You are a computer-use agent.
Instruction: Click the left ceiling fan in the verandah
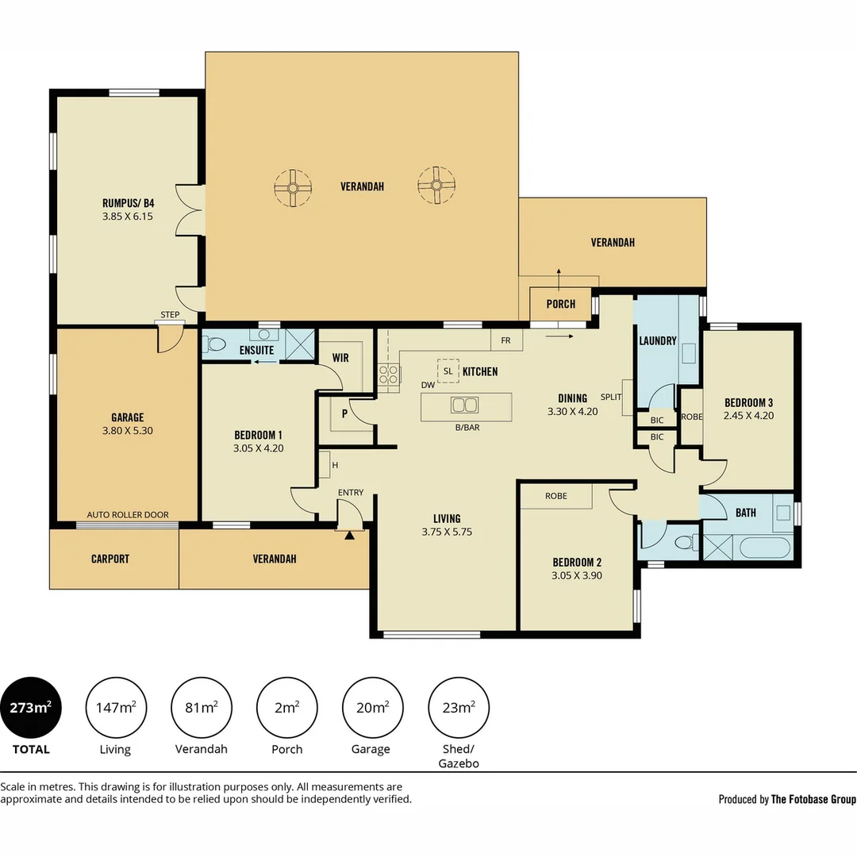click(x=293, y=188)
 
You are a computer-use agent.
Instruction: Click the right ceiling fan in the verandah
click(x=436, y=185)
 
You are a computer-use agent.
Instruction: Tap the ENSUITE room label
click(x=256, y=350)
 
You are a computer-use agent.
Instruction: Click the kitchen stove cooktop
click(x=389, y=375)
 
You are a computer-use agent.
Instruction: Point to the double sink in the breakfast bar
click(x=464, y=405)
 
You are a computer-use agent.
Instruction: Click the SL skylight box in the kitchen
click(x=448, y=371)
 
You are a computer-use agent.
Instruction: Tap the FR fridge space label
click(x=505, y=340)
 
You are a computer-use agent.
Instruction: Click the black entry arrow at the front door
click(x=349, y=535)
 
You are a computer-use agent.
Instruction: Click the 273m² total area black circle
click(x=31, y=708)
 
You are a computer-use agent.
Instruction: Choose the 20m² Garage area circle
click(x=373, y=708)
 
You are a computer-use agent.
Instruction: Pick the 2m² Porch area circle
click(x=287, y=708)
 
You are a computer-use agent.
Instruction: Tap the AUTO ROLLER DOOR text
click(x=128, y=515)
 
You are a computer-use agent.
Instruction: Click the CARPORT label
click(x=110, y=559)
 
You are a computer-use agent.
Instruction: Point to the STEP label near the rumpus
click(x=170, y=315)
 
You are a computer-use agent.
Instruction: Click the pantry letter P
click(x=344, y=413)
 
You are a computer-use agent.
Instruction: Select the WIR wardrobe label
click(x=340, y=358)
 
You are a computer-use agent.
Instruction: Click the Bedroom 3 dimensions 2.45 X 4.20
click(x=749, y=415)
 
